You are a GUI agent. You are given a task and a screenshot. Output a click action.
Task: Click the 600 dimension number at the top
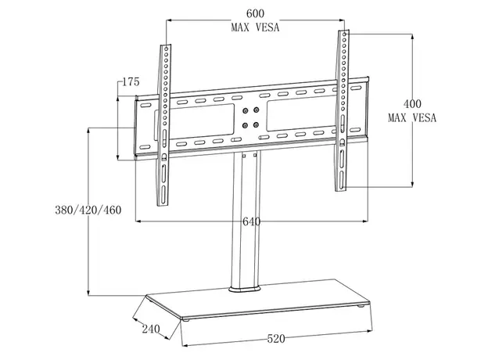tap(255, 14)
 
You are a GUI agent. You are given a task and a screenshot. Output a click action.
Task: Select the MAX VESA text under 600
tap(255, 28)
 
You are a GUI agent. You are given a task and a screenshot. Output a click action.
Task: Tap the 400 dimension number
tap(411, 103)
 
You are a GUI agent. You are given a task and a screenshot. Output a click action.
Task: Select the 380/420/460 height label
tap(88, 211)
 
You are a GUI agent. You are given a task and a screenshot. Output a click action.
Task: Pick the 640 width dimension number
tap(250, 222)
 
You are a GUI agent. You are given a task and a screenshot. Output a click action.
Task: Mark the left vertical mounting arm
tap(163, 125)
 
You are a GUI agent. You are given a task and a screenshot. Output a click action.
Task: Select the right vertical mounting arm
tap(343, 110)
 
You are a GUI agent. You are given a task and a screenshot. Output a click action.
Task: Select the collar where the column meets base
tap(245, 290)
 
